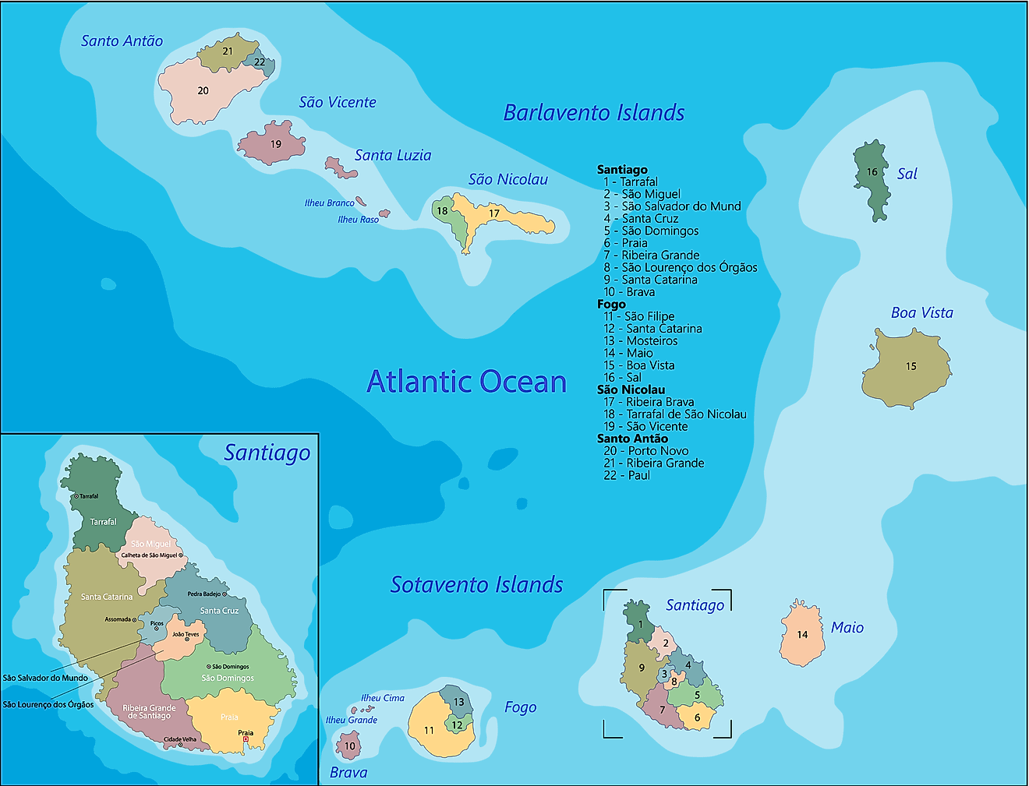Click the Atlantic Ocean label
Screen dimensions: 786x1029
coord(466,382)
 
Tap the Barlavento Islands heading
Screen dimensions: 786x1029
coord(593,113)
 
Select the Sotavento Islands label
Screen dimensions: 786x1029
coord(476,584)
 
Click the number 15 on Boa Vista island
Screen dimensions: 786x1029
coord(911,366)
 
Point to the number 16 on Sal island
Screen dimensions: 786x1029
coord(872,172)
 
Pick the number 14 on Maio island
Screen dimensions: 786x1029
coord(802,635)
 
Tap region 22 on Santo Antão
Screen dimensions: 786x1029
coord(260,62)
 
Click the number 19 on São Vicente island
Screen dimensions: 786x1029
coord(276,144)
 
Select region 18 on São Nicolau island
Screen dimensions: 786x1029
coord(442,211)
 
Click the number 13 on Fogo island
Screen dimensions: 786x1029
coord(458,702)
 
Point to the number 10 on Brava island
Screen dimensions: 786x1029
coord(349,746)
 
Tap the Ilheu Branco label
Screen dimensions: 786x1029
coord(329,203)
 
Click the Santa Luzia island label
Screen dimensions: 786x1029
coord(392,156)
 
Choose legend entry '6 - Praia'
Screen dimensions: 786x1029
coord(625,243)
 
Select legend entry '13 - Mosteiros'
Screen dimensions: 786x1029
coord(640,340)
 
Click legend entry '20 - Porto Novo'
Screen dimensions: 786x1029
coord(645,450)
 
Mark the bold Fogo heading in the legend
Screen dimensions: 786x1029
coord(611,304)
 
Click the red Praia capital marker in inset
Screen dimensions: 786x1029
coord(246,739)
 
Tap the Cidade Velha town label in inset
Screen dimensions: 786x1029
coord(179,739)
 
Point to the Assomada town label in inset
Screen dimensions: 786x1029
coord(118,619)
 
